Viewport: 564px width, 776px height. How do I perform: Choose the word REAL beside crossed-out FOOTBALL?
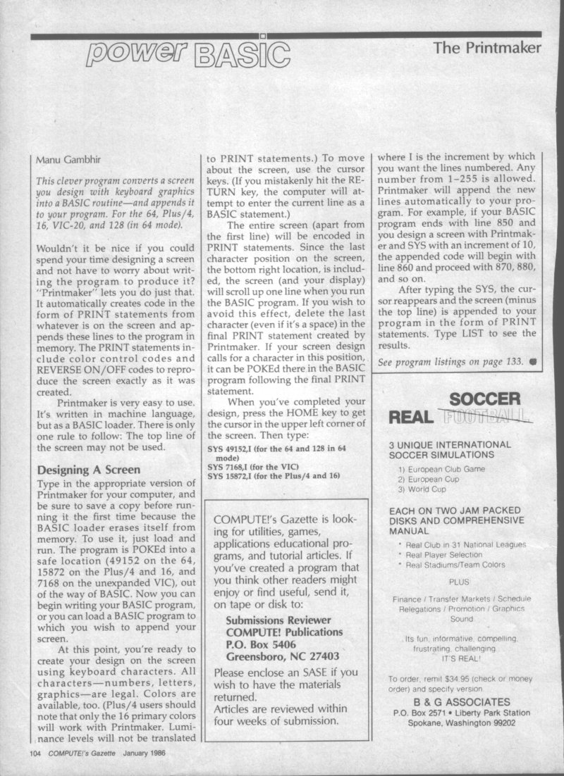click(410, 418)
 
